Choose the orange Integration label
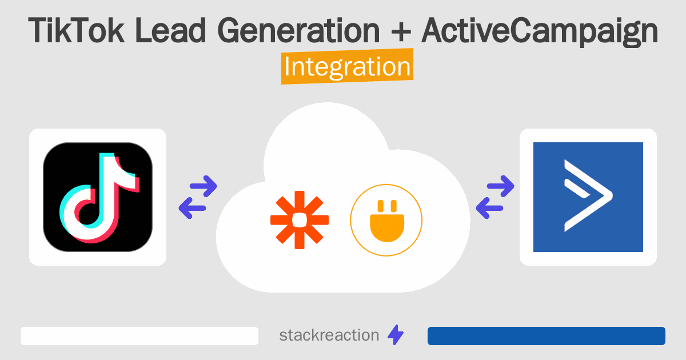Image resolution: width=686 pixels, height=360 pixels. [x=347, y=67]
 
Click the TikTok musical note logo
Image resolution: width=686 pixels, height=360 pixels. [x=98, y=197]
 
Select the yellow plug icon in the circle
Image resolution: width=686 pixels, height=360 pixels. [x=386, y=220]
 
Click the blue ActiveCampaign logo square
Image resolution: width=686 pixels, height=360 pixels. [x=588, y=197]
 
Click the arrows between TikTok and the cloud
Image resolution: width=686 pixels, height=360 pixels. [x=198, y=197]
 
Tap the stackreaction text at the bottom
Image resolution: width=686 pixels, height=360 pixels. [x=329, y=335]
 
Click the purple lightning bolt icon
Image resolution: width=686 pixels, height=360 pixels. [x=396, y=335]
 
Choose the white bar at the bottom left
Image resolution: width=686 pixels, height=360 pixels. [x=139, y=336]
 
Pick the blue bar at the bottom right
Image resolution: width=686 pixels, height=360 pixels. [x=546, y=336]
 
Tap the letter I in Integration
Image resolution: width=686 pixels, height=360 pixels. [x=288, y=67]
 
